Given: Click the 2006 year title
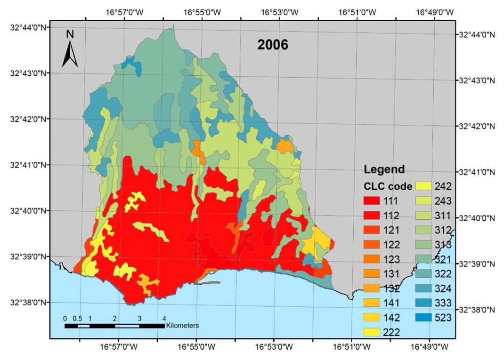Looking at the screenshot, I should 272,45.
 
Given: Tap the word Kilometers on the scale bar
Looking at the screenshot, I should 182,325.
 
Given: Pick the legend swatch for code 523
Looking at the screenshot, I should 426,318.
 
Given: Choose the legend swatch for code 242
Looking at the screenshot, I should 426,187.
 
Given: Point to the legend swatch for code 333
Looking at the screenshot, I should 426,303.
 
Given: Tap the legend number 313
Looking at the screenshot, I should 442,245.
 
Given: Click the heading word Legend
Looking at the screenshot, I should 384,169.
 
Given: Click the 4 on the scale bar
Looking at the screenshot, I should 164,318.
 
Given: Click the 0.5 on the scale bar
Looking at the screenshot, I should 78,318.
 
